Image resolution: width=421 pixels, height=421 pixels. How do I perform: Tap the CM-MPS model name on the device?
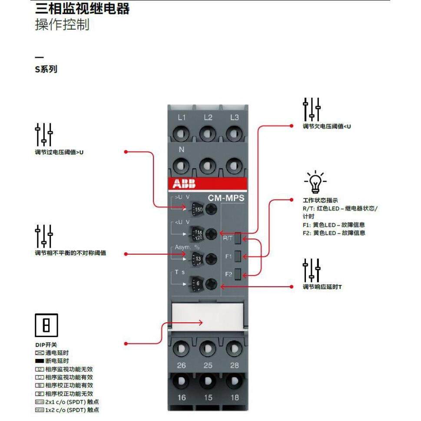(x=226, y=198)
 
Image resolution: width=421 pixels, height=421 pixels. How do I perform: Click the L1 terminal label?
(x=182, y=118)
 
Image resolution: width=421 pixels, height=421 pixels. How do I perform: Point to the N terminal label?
(x=182, y=150)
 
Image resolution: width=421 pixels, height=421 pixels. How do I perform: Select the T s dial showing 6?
(x=197, y=285)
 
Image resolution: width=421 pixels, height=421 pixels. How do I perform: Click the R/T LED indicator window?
(x=238, y=238)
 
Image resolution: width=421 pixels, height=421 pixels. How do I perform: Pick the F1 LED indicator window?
(x=238, y=256)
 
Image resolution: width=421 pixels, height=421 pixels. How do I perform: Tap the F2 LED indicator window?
(x=238, y=274)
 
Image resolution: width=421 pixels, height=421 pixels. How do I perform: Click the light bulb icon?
(x=315, y=182)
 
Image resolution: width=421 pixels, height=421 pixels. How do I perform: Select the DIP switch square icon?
(x=46, y=325)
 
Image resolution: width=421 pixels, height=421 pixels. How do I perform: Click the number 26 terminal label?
(x=181, y=365)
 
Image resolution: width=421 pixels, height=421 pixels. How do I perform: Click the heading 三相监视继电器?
(x=82, y=9)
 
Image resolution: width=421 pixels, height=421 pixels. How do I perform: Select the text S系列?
(x=46, y=69)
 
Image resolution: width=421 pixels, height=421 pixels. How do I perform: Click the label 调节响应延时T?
(x=322, y=287)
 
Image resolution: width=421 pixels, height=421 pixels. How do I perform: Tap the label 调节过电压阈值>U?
(x=59, y=152)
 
